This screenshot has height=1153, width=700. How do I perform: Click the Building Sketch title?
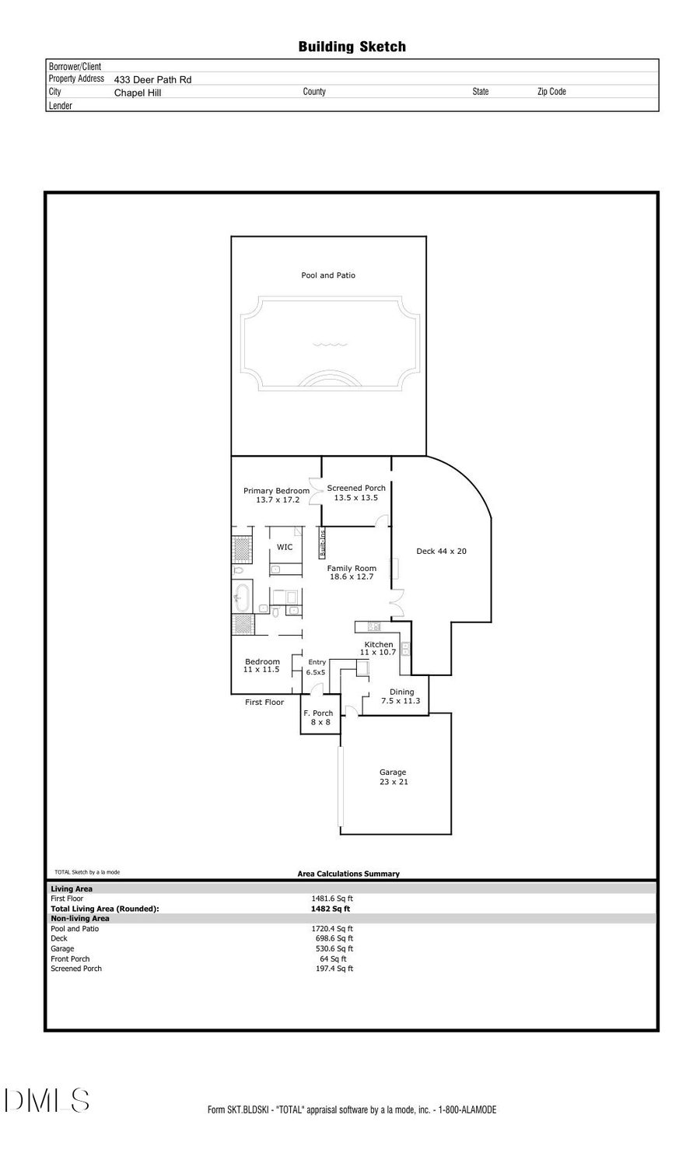click(352, 47)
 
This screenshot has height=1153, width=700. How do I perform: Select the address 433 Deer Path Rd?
click(152, 79)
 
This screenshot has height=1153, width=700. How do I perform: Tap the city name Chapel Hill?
click(138, 93)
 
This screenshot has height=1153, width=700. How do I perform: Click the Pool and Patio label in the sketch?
click(328, 275)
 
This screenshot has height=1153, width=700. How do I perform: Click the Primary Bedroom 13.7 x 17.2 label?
click(277, 495)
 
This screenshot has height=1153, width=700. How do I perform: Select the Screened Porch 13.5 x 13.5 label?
click(356, 492)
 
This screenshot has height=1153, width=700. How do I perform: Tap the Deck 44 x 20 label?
click(441, 552)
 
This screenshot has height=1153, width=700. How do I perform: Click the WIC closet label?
click(285, 547)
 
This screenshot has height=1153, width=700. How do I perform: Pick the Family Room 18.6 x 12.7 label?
click(352, 573)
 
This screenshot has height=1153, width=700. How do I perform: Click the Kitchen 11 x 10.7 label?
click(379, 648)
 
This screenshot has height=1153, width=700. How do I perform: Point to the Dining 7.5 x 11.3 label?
click(401, 696)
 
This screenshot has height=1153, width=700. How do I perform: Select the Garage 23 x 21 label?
click(393, 777)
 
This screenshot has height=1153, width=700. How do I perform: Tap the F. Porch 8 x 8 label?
click(318, 717)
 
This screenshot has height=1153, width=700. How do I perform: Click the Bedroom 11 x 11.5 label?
click(262, 665)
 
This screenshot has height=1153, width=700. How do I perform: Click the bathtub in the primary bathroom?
click(241, 598)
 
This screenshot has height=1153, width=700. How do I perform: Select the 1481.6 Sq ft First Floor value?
click(332, 899)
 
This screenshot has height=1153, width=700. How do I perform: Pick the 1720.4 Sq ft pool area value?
click(332, 929)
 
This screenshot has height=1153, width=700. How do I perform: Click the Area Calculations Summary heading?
click(348, 874)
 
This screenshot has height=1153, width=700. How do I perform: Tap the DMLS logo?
click(47, 1101)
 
